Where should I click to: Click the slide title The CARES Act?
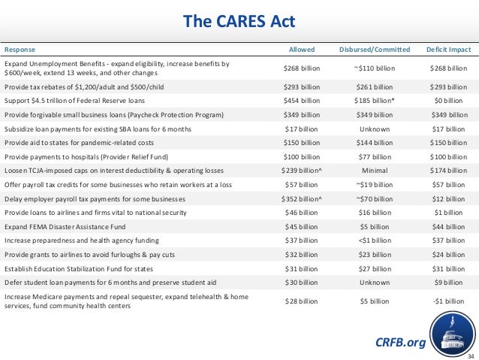(x=239, y=18)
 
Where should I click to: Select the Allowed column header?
(x=303, y=50)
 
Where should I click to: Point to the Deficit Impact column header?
(x=448, y=50)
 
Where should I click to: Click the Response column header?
(x=20, y=50)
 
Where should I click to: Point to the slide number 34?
(x=471, y=355)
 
